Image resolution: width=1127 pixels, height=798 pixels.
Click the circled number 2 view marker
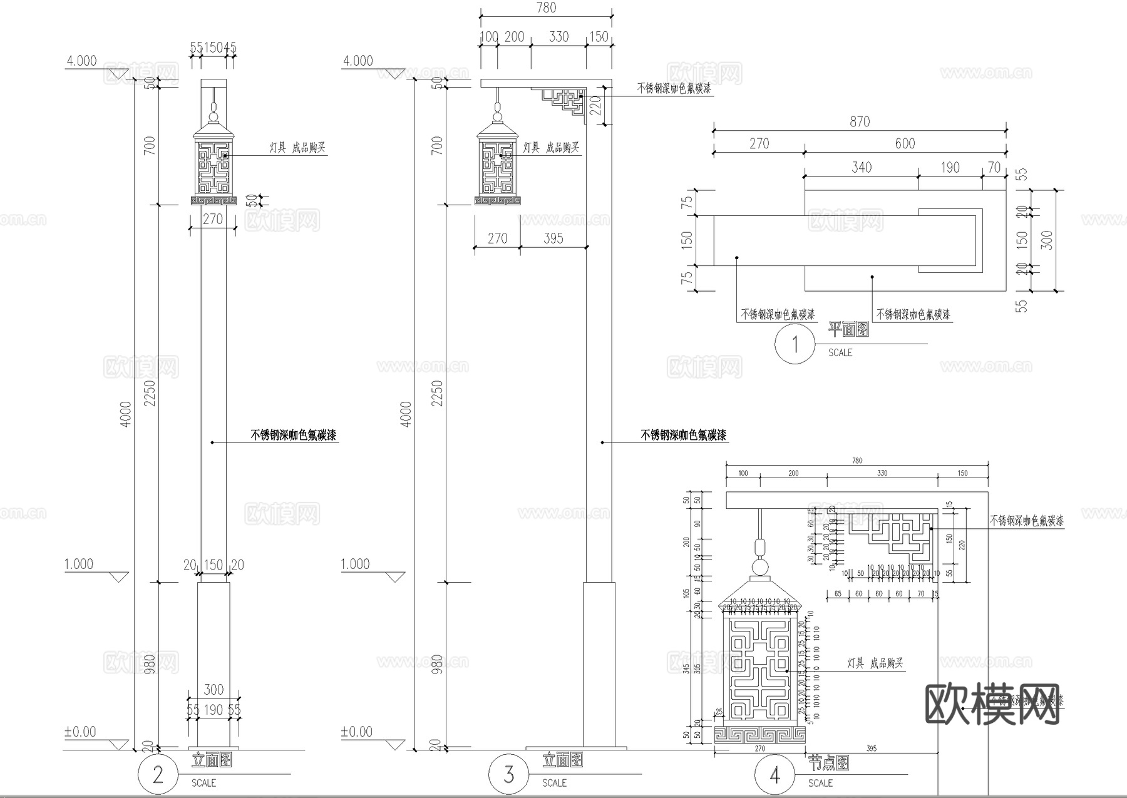[x=158, y=774]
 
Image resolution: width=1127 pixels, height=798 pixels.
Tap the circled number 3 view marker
[x=508, y=774]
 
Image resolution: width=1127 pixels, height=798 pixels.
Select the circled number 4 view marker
[x=774, y=775]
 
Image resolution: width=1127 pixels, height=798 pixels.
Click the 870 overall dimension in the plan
[x=860, y=121]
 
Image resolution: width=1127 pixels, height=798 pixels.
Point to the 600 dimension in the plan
[x=905, y=143]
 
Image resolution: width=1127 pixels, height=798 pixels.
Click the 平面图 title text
[x=848, y=329]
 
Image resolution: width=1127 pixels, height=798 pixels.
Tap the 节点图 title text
[x=828, y=762]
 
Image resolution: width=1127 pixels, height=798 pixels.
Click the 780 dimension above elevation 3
[x=546, y=8]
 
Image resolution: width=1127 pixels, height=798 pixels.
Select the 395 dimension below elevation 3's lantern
[x=553, y=238]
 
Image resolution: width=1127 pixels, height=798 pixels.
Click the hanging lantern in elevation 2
[x=214, y=160]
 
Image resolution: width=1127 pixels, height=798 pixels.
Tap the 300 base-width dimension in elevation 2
[x=214, y=689]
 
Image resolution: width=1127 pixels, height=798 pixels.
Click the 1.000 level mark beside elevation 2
[x=79, y=564]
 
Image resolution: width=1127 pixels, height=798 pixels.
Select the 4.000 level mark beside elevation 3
[x=358, y=61]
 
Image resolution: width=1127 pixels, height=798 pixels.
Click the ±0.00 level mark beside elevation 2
[x=80, y=732]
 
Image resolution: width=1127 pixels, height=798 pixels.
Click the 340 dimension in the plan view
[x=861, y=167]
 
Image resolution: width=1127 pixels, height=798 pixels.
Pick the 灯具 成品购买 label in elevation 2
[x=297, y=148]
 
